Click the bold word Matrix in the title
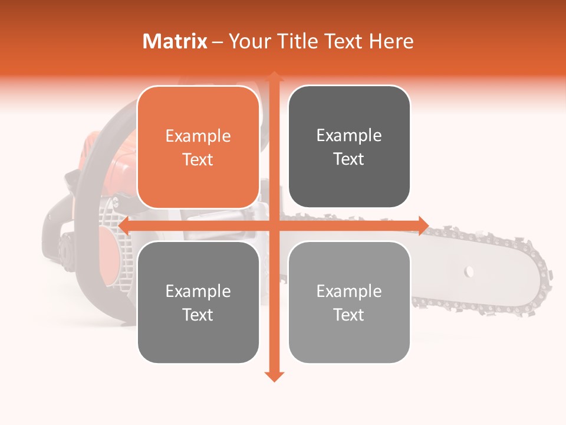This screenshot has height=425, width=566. click(175, 41)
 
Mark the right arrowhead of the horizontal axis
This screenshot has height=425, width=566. click(423, 225)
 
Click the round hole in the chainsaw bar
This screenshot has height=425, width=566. click(469, 272)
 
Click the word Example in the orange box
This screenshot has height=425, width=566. click(198, 136)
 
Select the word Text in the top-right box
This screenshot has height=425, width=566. click(349, 159)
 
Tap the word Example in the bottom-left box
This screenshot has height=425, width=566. click(198, 292)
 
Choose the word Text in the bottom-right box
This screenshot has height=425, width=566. click(349, 315)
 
